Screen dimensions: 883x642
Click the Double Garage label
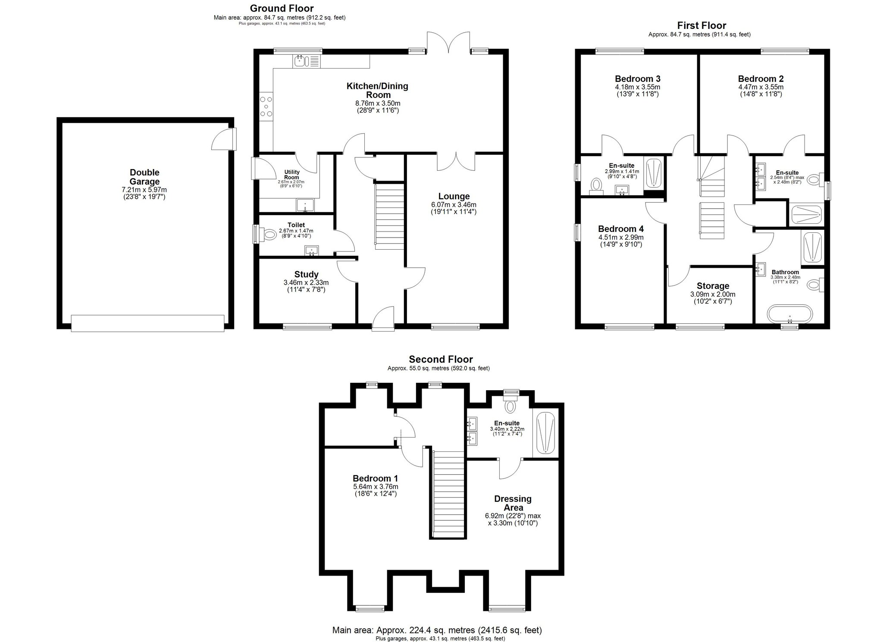pos(144,177)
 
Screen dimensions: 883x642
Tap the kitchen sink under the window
pos(307,61)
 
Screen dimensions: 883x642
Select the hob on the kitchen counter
pos(266,106)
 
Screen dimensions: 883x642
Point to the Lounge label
pos(454,196)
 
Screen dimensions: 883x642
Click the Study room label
pos(306,274)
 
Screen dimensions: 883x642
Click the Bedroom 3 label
pos(637,79)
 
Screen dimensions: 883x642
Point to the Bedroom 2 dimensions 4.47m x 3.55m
pos(761,87)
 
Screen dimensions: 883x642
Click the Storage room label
pos(713,286)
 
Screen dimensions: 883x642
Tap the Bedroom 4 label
pos(621,229)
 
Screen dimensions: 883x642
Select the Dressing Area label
pos(513,503)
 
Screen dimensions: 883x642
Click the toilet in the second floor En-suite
pos(511,406)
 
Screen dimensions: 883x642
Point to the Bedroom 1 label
pos(375,478)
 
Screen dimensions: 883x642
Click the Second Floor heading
pos(441,359)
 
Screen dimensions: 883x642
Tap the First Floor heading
pos(701,25)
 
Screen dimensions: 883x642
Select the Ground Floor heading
pos(282,8)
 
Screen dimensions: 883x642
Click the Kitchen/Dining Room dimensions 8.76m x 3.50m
pos(378,103)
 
